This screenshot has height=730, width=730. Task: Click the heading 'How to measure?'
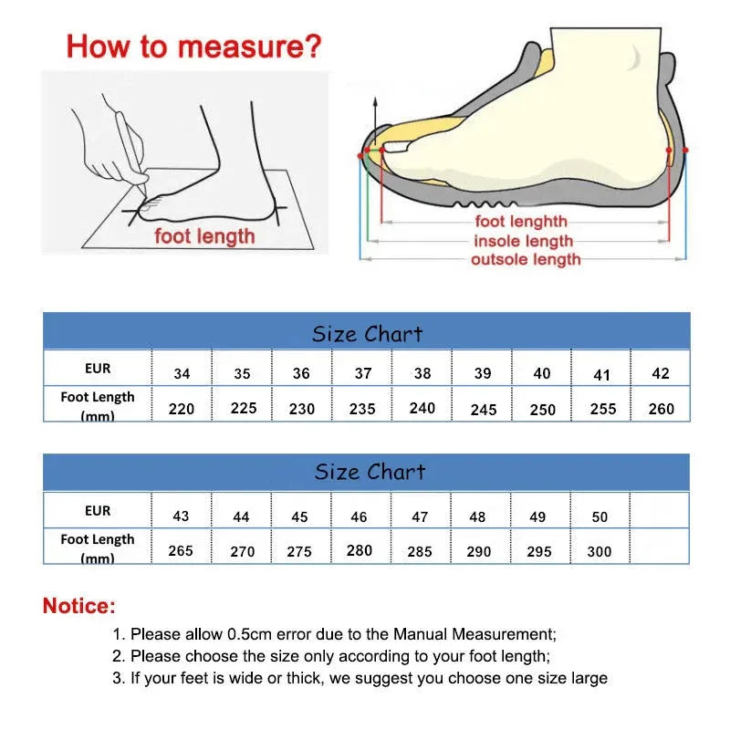[x=193, y=46]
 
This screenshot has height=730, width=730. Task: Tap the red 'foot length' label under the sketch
[x=204, y=236]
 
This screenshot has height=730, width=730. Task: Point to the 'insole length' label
[x=523, y=241]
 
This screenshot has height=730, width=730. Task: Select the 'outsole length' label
[x=525, y=260]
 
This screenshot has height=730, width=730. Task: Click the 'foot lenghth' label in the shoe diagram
[x=520, y=222]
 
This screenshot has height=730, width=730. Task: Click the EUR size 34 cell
[x=182, y=373]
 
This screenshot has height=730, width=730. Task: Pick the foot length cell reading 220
[x=182, y=409]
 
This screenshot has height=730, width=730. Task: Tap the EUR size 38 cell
[x=422, y=373]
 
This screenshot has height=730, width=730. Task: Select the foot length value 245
[x=484, y=410]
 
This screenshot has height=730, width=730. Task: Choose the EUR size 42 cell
[x=662, y=373]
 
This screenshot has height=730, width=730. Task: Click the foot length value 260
[x=662, y=409]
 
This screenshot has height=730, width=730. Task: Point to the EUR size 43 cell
[x=182, y=516]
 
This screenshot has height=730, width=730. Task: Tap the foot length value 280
[x=360, y=550]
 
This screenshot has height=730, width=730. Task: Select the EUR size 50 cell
[x=600, y=516]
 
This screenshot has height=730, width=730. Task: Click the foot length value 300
[x=600, y=551]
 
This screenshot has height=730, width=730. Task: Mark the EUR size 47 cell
[x=420, y=516]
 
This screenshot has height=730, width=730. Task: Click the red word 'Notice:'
[x=79, y=605]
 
